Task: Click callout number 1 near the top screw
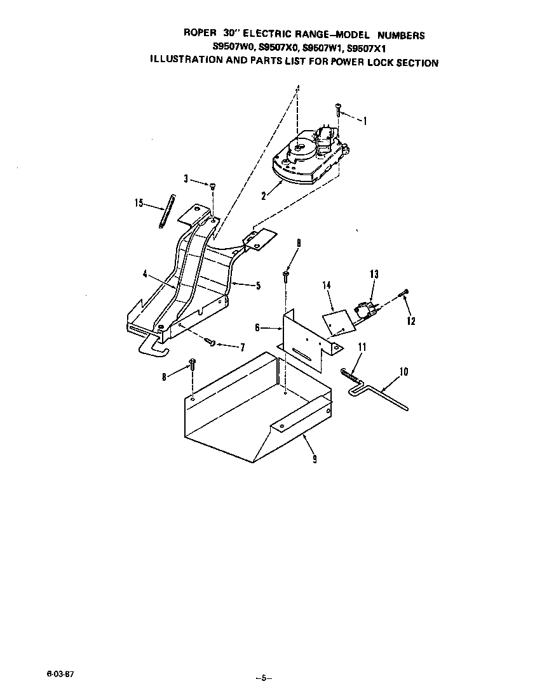coord(365,121)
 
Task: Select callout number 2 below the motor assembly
coord(263,196)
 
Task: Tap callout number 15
coord(139,203)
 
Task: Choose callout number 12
coord(410,321)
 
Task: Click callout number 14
coord(327,286)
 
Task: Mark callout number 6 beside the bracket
coord(257,327)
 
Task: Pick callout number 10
coord(404,371)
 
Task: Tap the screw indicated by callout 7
coord(212,343)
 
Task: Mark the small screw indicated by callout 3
coord(213,186)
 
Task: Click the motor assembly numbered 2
coord(307,159)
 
